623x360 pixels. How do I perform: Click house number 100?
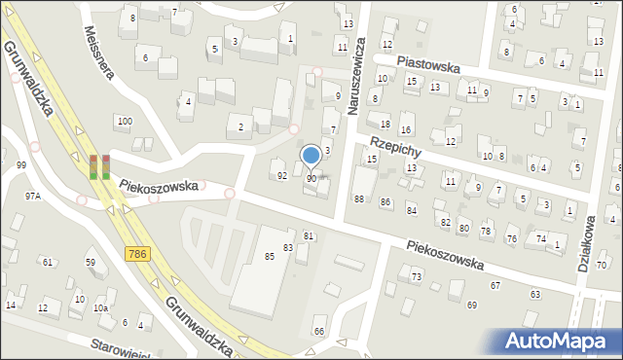click(x=123, y=121)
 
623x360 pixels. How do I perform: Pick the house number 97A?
click(x=33, y=196)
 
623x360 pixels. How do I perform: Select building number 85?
click(x=269, y=256)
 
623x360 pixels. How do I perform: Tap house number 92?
click(x=282, y=176)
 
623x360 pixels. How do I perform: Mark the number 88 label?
click(x=359, y=198)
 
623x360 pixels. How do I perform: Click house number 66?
click(x=319, y=332)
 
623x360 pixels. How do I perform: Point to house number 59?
click(x=91, y=263)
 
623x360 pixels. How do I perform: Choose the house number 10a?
click(x=100, y=308)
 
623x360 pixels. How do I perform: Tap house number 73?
click(x=416, y=277)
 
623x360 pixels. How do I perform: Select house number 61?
click(x=46, y=262)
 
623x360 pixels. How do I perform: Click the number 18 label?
click(x=385, y=124)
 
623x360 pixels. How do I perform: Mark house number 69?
click(x=472, y=306)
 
